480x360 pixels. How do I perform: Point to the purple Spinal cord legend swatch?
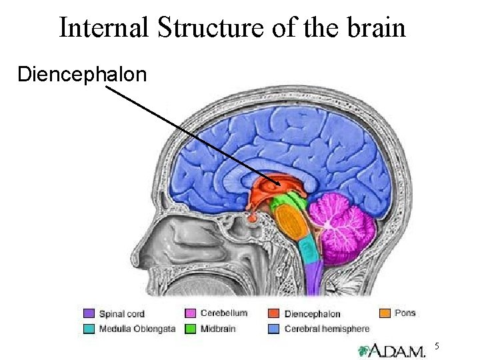tap(89, 313)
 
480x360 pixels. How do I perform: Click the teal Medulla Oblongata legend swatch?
tap(89, 327)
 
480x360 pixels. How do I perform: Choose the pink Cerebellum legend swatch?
tap(189, 313)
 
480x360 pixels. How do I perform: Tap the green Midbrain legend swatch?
tap(189, 327)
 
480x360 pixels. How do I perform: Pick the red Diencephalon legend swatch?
tap(273, 313)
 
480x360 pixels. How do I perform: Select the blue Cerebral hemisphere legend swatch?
tap(273, 327)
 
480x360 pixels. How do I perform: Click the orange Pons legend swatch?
tap(385, 313)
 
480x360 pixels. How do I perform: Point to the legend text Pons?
tap(405, 313)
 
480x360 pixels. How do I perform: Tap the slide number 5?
tap(438, 345)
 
